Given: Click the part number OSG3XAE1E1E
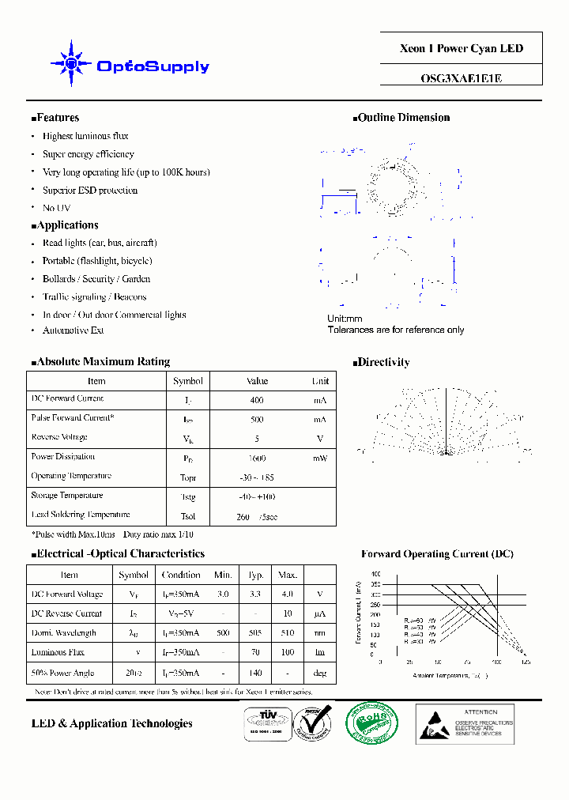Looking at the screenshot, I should [462, 78].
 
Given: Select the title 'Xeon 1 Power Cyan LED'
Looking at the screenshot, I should [462, 49].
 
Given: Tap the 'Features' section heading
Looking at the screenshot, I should [57, 118].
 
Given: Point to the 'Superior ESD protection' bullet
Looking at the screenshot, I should [90, 191].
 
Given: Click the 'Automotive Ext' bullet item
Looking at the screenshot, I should [73, 330].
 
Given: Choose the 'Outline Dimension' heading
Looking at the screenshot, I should [403, 118].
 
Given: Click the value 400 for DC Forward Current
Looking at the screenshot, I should [257, 401].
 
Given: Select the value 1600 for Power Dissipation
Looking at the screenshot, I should [257, 458].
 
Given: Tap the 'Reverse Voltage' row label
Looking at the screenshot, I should [59, 437].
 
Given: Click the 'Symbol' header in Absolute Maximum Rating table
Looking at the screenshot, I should [188, 381].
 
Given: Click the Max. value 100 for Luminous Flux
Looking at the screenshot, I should [288, 653].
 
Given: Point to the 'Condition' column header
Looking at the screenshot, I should [181, 575].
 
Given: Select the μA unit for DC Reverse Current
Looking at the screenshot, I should [320, 613].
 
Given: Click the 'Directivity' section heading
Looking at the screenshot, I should [382, 363].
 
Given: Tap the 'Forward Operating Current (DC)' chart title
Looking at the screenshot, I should [437, 554].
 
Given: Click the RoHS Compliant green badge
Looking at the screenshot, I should [372, 722].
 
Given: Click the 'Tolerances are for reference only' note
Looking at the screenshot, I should [396, 330].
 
